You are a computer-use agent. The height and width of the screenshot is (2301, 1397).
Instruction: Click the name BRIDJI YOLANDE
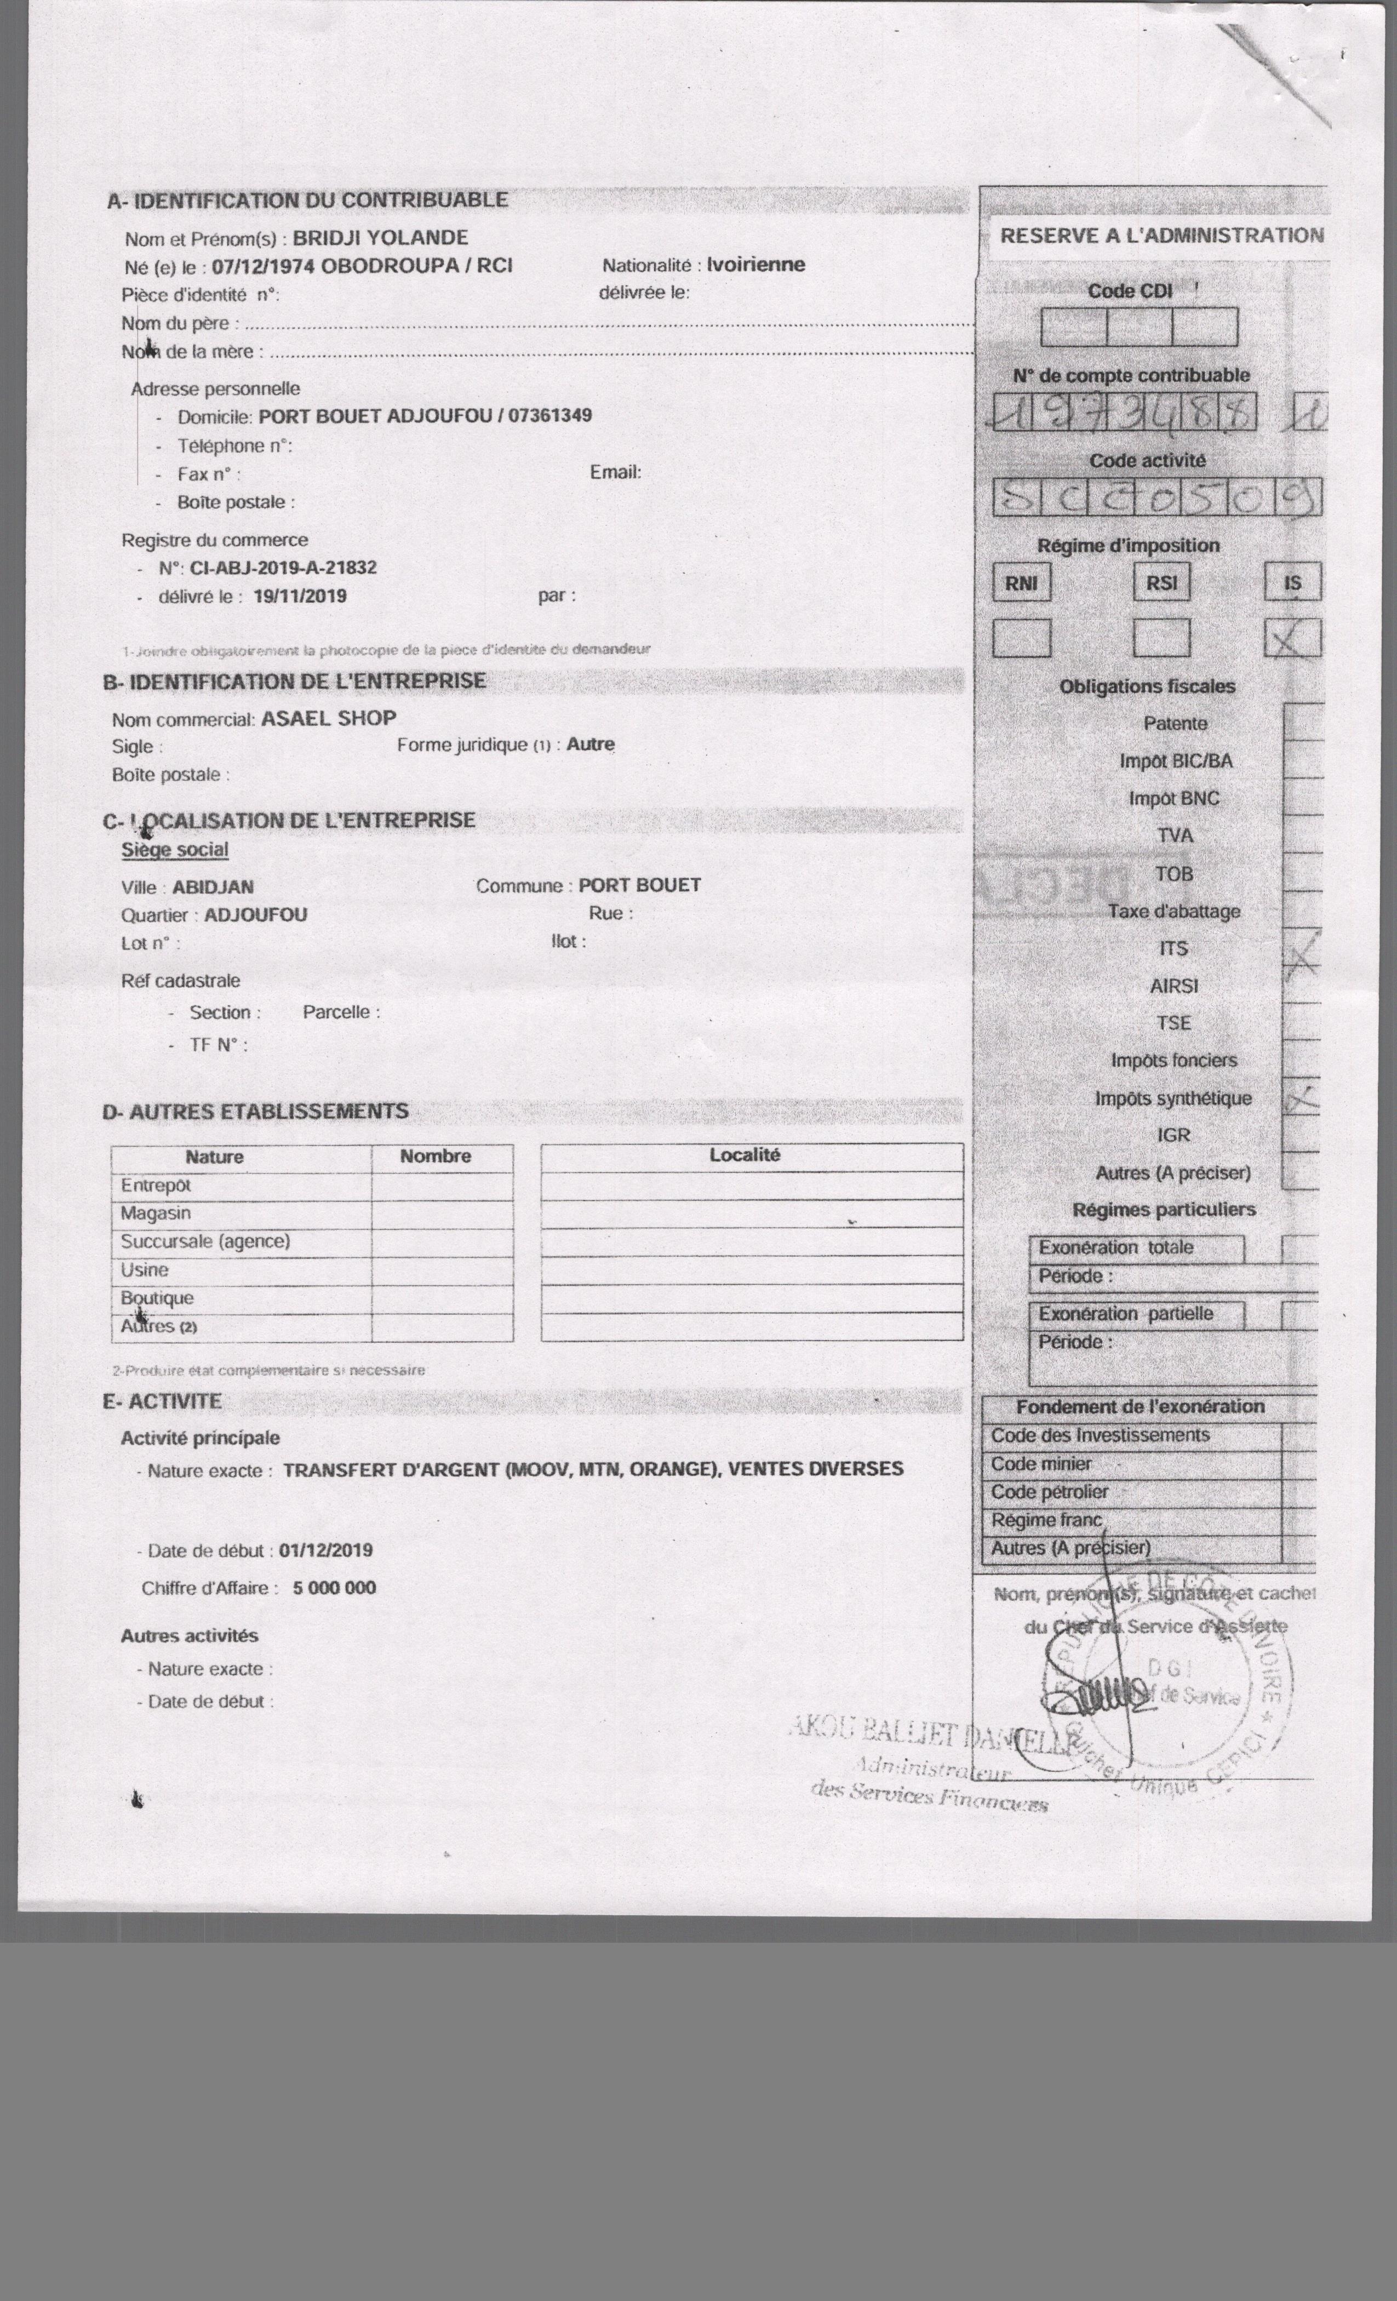[x=380, y=237]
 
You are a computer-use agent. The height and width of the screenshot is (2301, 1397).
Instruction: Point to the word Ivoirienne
[x=755, y=264]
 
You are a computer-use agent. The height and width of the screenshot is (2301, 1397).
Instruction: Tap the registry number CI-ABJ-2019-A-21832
[x=283, y=568]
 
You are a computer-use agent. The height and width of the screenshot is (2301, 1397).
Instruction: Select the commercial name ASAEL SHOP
[x=329, y=718]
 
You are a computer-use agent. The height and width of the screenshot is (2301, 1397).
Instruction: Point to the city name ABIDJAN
[x=213, y=887]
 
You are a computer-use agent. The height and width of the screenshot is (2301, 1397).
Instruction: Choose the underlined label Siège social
[x=175, y=850]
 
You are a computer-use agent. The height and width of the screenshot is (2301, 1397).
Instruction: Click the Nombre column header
[x=435, y=1156]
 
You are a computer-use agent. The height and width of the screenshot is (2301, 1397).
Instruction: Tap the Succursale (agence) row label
[x=205, y=1241]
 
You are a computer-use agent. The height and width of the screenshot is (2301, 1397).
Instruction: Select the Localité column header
[x=745, y=1155]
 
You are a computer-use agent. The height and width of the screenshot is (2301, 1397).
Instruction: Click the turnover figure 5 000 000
[x=334, y=1588]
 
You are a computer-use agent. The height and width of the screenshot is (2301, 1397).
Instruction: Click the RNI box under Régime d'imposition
[x=1021, y=583]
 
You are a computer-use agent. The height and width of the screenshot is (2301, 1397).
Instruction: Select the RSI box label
[x=1161, y=583]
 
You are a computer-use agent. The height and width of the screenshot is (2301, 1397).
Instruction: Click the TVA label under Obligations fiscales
[x=1175, y=836]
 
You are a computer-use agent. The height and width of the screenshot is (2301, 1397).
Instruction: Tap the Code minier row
[x=1041, y=1464]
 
